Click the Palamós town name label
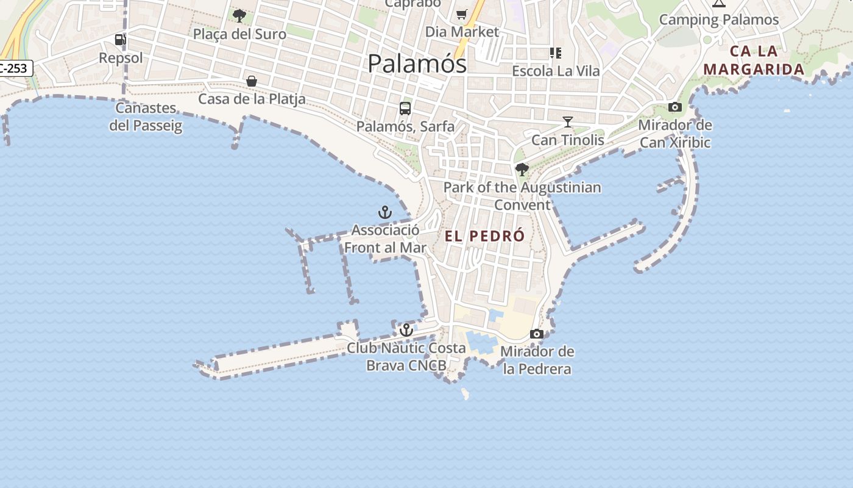417,63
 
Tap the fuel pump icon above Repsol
121,40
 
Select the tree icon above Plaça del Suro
239,15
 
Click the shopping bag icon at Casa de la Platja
251,81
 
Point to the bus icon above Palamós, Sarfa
405,109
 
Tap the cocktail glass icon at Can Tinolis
568,122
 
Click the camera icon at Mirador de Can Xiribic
674,107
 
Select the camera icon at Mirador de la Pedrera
537,334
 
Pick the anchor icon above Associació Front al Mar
384,213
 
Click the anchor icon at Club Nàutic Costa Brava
406,331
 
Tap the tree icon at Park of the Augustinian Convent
522,169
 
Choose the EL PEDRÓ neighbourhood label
485,237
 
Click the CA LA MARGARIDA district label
754,60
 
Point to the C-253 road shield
15,68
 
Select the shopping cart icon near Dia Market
462,14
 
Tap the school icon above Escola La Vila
555,53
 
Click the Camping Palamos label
719,20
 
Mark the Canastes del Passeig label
146,117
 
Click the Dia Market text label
462,32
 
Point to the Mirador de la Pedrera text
537,360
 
